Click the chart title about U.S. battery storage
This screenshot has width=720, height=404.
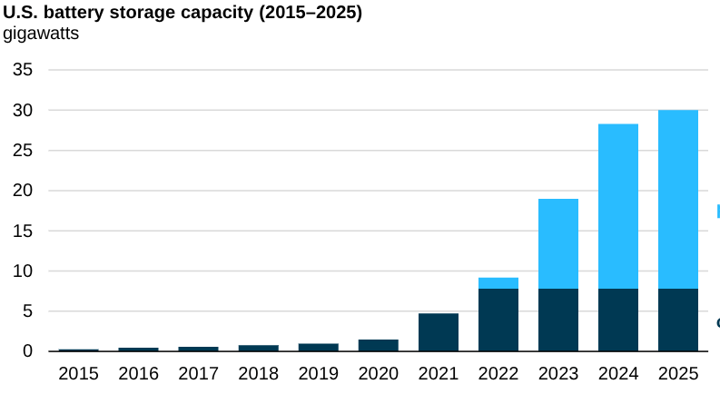point(182,14)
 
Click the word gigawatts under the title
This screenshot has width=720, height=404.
point(41,34)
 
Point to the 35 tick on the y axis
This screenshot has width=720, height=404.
point(22,70)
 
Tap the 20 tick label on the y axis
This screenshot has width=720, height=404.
point(22,191)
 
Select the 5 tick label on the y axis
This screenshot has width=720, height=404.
point(27,311)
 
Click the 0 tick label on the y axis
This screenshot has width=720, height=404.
point(27,351)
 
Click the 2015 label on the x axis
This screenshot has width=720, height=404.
point(78,374)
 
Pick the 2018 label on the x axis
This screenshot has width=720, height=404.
point(258,374)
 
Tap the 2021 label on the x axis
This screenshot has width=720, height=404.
point(438,374)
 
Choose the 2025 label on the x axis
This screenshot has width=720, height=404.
point(677,374)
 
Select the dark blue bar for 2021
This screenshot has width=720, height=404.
point(438,332)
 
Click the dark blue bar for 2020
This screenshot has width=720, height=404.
point(378,346)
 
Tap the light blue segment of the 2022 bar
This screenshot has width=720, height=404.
point(498,283)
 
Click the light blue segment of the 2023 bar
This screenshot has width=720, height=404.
point(557,243)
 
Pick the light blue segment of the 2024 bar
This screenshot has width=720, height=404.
point(617,206)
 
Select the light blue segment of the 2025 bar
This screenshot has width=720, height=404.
point(677,199)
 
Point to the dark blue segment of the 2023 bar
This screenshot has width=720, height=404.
point(557,320)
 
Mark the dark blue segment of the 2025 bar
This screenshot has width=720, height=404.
point(677,320)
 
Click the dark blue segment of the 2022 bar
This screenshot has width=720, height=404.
point(498,320)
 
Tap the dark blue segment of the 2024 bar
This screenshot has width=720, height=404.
point(617,320)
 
